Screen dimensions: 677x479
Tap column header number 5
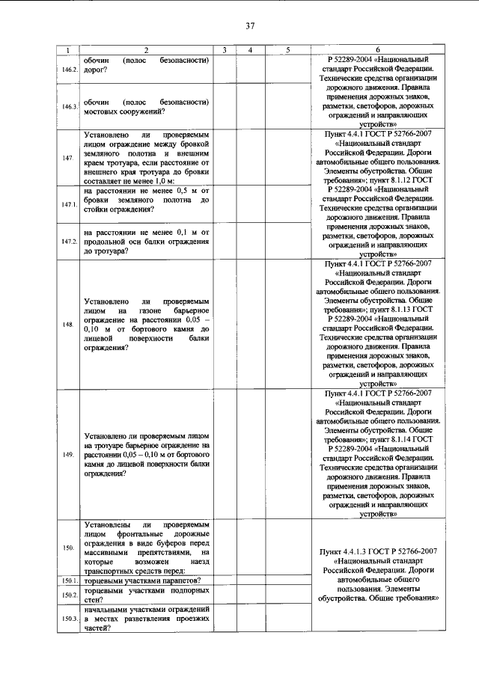tap(287, 50)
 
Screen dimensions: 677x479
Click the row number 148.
tap(68, 325)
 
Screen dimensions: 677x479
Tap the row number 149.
tap(68, 455)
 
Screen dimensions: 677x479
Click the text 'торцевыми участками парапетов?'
tap(145, 580)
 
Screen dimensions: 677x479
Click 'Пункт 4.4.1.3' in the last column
tap(352, 551)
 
